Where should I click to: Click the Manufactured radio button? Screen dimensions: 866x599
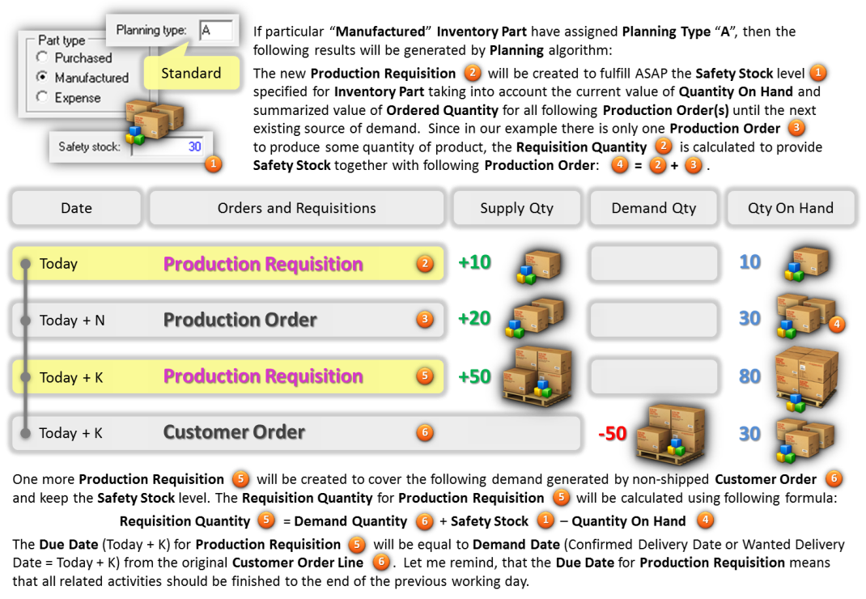(x=41, y=77)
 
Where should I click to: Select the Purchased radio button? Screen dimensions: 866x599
(x=42, y=57)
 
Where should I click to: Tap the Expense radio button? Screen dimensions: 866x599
(x=42, y=96)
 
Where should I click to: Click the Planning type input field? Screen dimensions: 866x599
(x=216, y=31)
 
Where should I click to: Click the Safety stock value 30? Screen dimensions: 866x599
(x=194, y=147)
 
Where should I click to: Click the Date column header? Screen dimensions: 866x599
(x=76, y=208)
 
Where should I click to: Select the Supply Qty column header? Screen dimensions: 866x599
(x=516, y=208)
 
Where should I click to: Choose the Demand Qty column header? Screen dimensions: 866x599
(x=653, y=208)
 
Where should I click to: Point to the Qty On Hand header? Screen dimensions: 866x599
(x=791, y=208)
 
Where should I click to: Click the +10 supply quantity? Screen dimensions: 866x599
(x=474, y=262)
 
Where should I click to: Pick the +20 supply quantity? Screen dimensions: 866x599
(x=474, y=318)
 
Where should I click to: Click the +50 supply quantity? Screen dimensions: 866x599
(x=474, y=376)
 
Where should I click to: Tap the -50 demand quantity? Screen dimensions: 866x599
(x=613, y=433)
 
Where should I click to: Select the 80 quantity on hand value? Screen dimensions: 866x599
(x=750, y=376)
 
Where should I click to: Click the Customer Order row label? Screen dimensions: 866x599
(x=234, y=432)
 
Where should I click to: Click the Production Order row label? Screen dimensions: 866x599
(x=240, y=320)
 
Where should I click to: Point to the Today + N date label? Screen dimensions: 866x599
(x=72, y=321)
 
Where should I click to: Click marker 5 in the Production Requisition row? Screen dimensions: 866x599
(x=424, y=376)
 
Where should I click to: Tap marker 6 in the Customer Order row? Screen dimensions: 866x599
(x=424, y=432)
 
